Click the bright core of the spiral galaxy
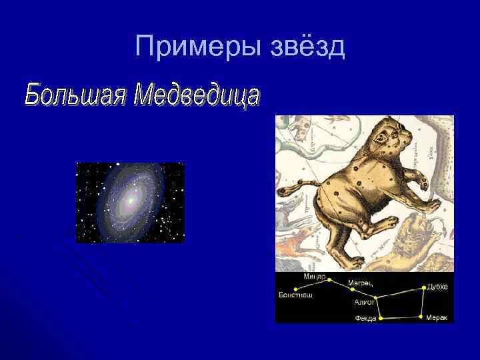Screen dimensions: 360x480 [x=131, y=199]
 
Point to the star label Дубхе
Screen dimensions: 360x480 [x=437, y=286]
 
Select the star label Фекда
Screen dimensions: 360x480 [x=365, y=319]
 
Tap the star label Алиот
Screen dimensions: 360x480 [x=364, y=302]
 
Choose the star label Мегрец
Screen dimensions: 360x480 [x=360, y=283]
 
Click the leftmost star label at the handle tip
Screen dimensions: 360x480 [x=295, y=294]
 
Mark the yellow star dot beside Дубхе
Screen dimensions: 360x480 [x=421, y=287]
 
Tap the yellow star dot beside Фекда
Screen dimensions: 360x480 [x=381, y=318]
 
